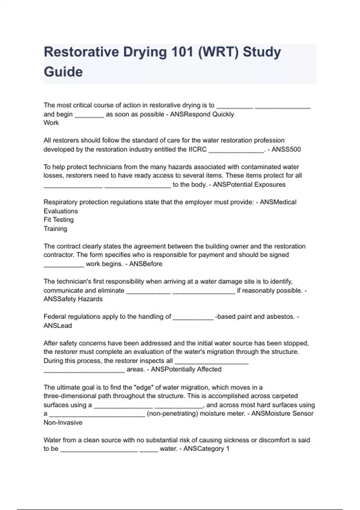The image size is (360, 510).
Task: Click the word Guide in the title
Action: (x=63, y=72)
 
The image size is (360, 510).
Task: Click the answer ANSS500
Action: (x=286, y=149)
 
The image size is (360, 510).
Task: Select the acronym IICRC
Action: (x=197, y=149)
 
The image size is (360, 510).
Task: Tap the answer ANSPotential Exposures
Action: (x=249, y=184)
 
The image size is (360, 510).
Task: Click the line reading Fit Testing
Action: (x=58, y=220)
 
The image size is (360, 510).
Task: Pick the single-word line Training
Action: (x=55, y=229)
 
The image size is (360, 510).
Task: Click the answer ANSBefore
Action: (x=145, y=264)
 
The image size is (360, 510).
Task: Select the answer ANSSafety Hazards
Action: (x=73, y=299)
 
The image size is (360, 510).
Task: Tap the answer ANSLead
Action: (x=58, y=326)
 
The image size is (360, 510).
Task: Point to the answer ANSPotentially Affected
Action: (x=186, y=369)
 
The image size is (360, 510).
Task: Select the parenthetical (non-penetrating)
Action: (x=172, y=414)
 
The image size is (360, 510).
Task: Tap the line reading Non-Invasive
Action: (x=63, y=423)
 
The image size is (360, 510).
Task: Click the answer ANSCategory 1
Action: (x=206, y=449)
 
